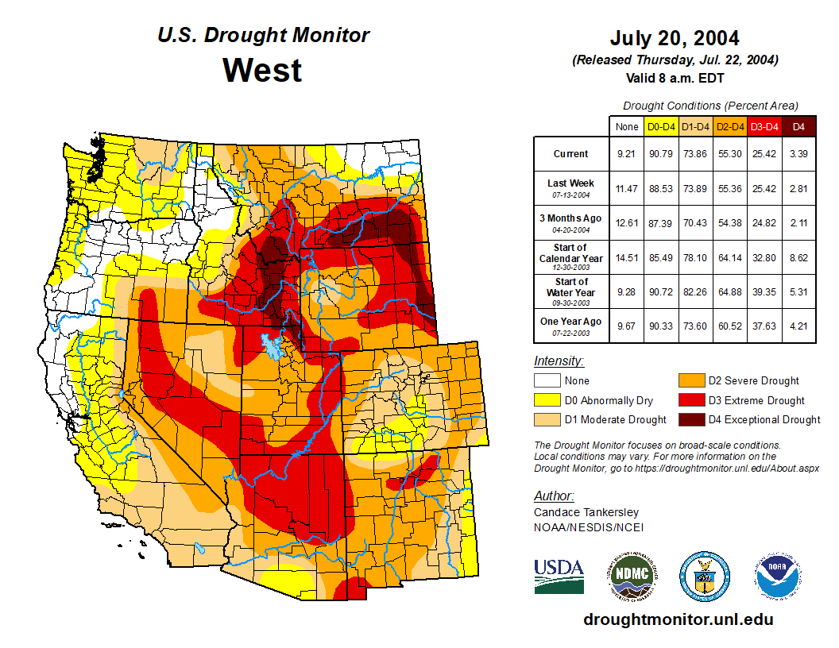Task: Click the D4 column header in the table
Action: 798,126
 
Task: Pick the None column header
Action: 626,126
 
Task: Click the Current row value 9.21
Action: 626,154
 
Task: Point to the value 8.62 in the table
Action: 798,257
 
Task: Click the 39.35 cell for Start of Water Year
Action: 764,291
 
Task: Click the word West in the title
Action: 262,70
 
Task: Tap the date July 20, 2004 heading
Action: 675,38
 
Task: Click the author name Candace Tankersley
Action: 586,512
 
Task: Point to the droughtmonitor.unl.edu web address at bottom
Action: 678,619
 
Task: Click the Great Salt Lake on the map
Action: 272,345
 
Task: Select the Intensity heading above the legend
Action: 559,361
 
